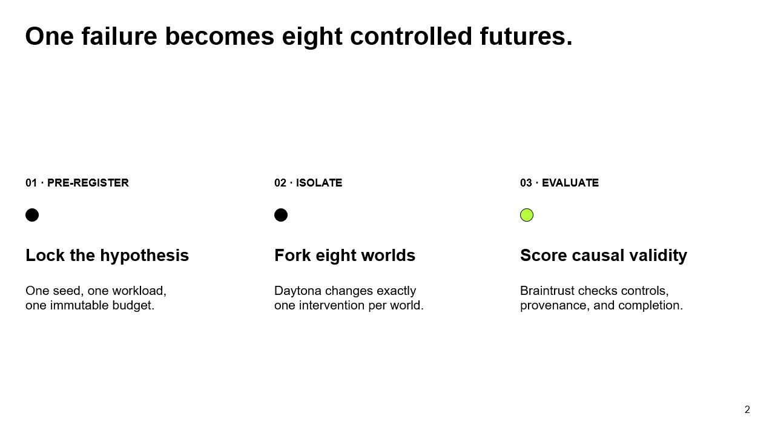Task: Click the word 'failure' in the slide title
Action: point(119,36)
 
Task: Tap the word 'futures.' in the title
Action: point(526,36)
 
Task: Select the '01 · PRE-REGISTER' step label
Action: point(77,183)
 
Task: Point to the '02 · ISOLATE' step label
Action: point(308,183)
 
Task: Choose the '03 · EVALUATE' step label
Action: point(559,183)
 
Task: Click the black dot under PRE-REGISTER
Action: point(32,215)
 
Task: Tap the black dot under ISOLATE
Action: point(281,215)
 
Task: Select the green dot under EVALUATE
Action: point(527,215)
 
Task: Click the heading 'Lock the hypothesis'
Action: point(107,256)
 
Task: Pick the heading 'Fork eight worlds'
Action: point(345,256)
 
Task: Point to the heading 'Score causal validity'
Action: point(604,256)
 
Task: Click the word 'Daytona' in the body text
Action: point(297,291)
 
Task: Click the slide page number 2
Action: point(747,410)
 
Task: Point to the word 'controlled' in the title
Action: point(411,36)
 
